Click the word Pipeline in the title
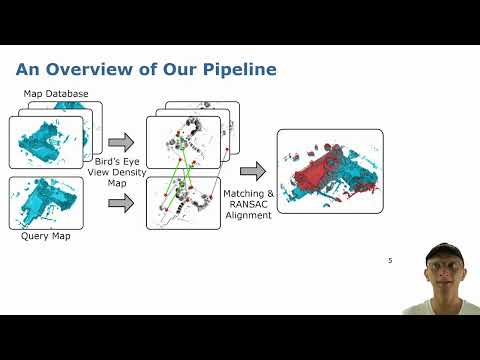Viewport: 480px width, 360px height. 236,70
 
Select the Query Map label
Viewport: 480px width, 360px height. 46,237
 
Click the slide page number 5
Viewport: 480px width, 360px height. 390,261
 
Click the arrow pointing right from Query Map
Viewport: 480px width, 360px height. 120,203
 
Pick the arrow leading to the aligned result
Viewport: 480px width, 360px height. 252,172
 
